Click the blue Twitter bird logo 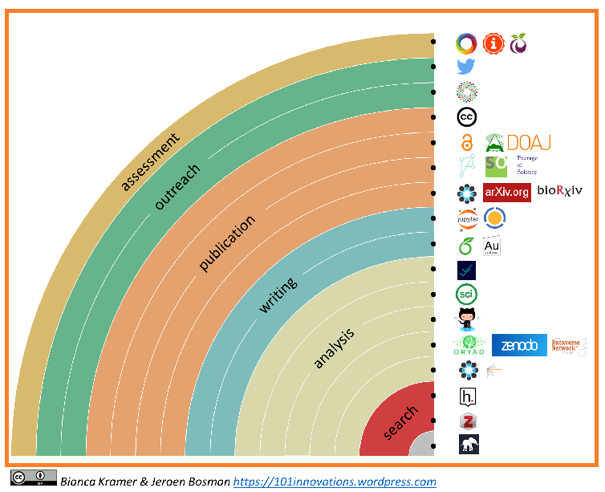click(x=466, y=67)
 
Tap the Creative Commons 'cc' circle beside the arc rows click(x=467, y=117)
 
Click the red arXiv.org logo click(x=506, y=192)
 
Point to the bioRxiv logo click(x=559, y=191)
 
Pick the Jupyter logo click(x=466, y=218)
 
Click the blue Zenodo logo click(x=519, y=345)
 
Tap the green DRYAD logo click(x=469, y=345)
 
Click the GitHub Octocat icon click(x=466, y=319)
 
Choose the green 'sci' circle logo click(x=466, y=294)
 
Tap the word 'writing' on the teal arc click(x=278, y=295)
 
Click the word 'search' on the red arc click(x=400, y=422)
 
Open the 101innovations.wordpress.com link click(x=335, y=482)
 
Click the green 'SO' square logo click(x=496, y=166)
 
